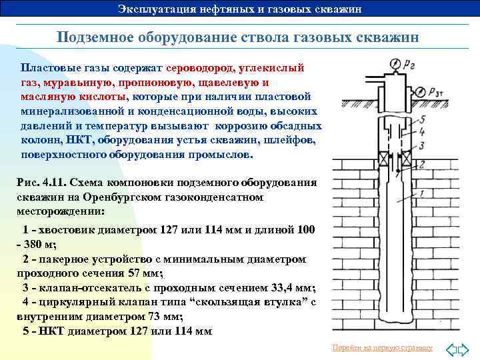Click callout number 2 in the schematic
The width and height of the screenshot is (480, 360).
pyautogui.click(x=420, y=164)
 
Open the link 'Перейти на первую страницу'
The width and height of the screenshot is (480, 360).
pyautogui.click(x=382, y=348)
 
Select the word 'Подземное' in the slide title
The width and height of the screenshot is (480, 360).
pyautogui.click(x=94, y=37)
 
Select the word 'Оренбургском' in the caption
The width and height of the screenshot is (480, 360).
pyautogui.click(x=106, y=197)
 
